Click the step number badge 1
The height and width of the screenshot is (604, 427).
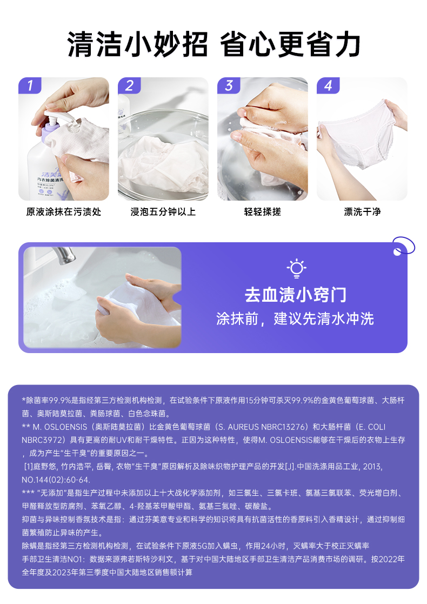[x=30, y=85]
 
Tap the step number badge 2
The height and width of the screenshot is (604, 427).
[x=129, y=85]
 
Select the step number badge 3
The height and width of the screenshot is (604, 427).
[x=229, y=85]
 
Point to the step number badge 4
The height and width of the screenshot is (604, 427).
[x=328, y=85]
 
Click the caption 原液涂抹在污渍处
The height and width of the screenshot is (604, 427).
[x=64, y=212]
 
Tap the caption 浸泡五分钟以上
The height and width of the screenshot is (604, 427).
[x=163, y=212]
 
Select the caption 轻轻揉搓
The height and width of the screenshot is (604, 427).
[x=263, y=212]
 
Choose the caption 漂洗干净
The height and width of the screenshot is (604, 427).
[x=362, y=212]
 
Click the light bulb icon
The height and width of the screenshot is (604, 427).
[x=297, y=269]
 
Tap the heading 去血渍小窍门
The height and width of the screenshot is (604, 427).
[x=296, y=295]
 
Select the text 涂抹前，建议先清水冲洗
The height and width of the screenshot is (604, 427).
[x=295, y=319]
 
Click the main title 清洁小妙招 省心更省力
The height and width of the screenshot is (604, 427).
[x=213, y=45]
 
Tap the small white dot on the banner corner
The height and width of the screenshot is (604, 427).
[x=397, y=252]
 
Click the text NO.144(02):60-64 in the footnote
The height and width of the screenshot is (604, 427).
[x=56, y=480]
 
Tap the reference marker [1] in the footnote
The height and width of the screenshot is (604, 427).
[x=29, y=467]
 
